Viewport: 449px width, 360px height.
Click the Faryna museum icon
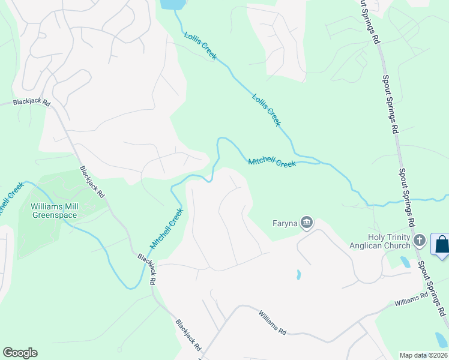click(307, 223)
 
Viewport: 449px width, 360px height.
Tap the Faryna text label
click(284, 224)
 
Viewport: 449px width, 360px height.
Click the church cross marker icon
click(420, 241)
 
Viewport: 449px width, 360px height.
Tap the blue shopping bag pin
click(442, 245)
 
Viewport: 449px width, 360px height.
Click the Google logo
click(20, 353)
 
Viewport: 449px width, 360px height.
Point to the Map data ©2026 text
click(423, 355)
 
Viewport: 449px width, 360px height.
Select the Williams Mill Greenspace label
click(55, 210)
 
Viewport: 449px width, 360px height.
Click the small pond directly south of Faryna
click(298, 275)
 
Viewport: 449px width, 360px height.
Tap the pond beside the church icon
click(405, 262)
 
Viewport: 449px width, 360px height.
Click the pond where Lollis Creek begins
click(173, 4)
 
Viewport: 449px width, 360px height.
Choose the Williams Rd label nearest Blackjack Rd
click(273, 322)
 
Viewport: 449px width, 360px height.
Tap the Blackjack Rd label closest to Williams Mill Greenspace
click(93, 183)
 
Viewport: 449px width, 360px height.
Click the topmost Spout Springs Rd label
click(369, 22)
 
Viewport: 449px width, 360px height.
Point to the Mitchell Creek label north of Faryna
click(272, 161)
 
